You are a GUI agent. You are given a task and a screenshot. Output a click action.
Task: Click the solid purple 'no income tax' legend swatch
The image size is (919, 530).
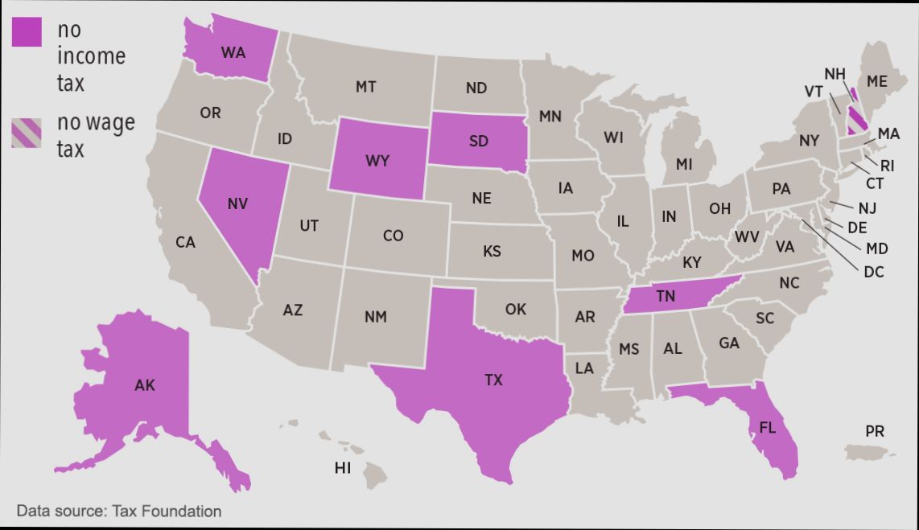click(27, 31)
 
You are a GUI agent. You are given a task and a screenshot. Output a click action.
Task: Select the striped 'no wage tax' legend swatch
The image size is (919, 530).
click(27, 134)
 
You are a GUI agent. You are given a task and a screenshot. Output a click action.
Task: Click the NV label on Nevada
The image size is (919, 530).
click(237, 203)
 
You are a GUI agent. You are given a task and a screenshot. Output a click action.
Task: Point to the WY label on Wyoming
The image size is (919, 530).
click(377, 161)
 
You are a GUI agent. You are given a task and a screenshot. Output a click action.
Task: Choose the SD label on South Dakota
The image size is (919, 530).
click(478, 142)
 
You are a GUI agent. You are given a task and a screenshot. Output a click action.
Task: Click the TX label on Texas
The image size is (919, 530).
click(493, 380)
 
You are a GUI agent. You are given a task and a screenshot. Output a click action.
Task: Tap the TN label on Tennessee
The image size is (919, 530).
click(665, 296)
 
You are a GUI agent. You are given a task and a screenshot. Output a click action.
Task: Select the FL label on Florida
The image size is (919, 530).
click(767, 427)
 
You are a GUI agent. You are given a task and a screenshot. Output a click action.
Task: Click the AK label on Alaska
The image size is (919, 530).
click(145, 385)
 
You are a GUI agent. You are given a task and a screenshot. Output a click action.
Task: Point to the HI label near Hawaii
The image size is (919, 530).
click(343, 467)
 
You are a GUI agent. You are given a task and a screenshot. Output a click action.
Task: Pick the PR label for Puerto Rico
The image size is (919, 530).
click(875, 432)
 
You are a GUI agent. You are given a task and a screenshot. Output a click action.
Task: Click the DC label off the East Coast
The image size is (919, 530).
click(874, 272)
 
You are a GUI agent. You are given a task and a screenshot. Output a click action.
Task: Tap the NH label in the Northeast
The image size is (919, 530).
click(835, 74)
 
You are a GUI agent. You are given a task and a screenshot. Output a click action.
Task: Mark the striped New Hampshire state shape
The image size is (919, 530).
click(857, 117)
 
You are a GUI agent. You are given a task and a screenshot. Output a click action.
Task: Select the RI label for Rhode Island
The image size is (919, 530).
click(887, 166)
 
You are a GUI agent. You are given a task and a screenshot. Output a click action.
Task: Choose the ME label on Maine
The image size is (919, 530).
click(877, 82)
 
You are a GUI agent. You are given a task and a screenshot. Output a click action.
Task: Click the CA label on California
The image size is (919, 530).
click(185, 241)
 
